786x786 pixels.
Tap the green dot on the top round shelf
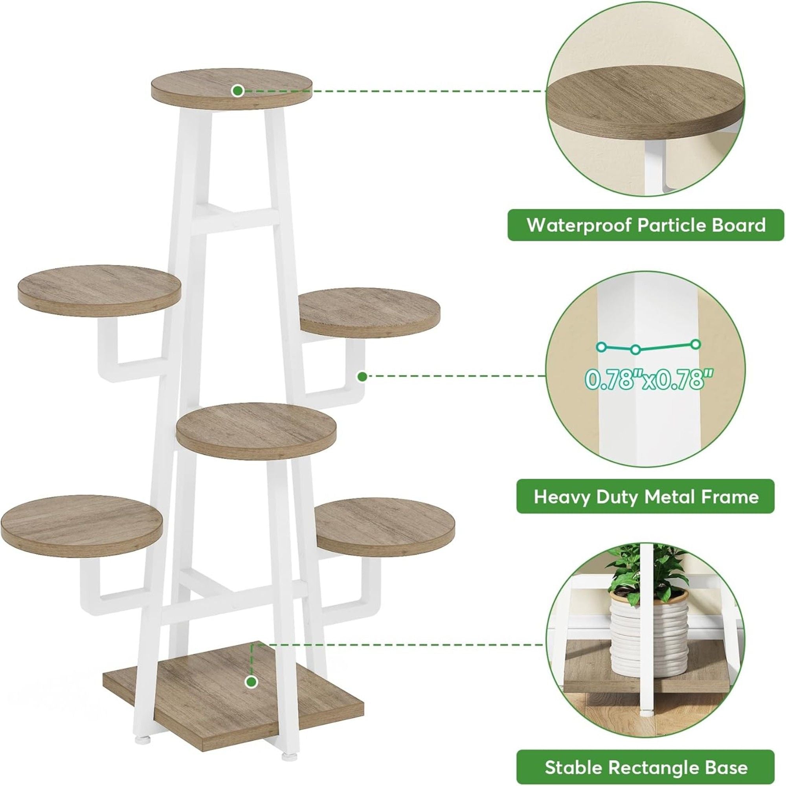tap(238, 90)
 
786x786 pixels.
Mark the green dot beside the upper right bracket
tap(362, 376)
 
